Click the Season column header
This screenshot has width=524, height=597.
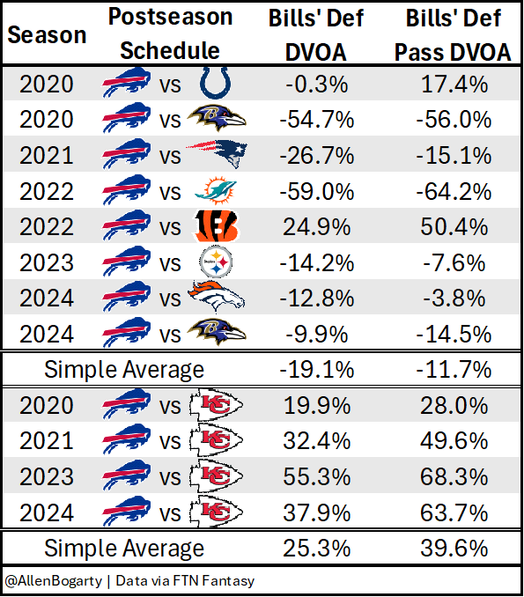[48, 34]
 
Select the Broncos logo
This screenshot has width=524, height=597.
[216, 297]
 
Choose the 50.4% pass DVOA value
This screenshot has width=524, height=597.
[454, 226]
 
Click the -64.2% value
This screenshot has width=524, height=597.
[454, 191]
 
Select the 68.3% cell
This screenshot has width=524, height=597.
[454, 476]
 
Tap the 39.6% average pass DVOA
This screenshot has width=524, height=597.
[454, 549]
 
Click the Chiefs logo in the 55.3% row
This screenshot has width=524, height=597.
[216, 476]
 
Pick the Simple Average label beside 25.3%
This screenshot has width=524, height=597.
[125, 549]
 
